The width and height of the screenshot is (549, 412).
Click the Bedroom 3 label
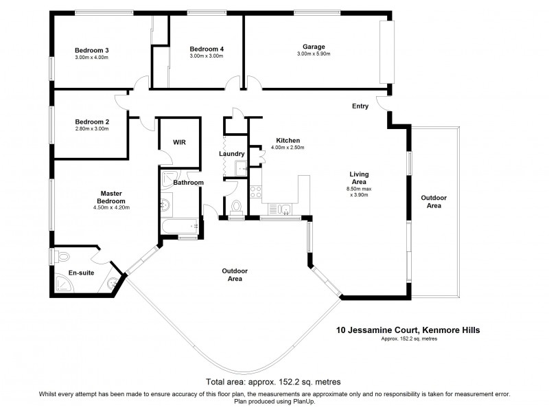92,49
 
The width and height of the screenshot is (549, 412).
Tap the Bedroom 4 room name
207,49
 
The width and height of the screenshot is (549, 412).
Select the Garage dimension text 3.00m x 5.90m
314,55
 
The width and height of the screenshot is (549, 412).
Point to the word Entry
360,106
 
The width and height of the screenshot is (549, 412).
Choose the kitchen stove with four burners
255,193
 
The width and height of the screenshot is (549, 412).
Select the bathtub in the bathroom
179,225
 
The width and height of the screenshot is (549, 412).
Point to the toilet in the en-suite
62,257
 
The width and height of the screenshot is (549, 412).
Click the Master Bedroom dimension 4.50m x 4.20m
111,207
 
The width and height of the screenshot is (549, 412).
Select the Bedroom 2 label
92,121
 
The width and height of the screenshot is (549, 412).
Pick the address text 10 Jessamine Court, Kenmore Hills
408,330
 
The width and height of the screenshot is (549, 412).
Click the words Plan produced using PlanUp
274,402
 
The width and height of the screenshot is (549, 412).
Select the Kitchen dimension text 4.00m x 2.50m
287,148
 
